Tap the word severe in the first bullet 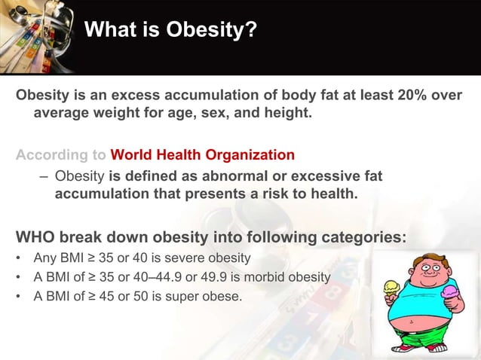(x=166, y=258)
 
